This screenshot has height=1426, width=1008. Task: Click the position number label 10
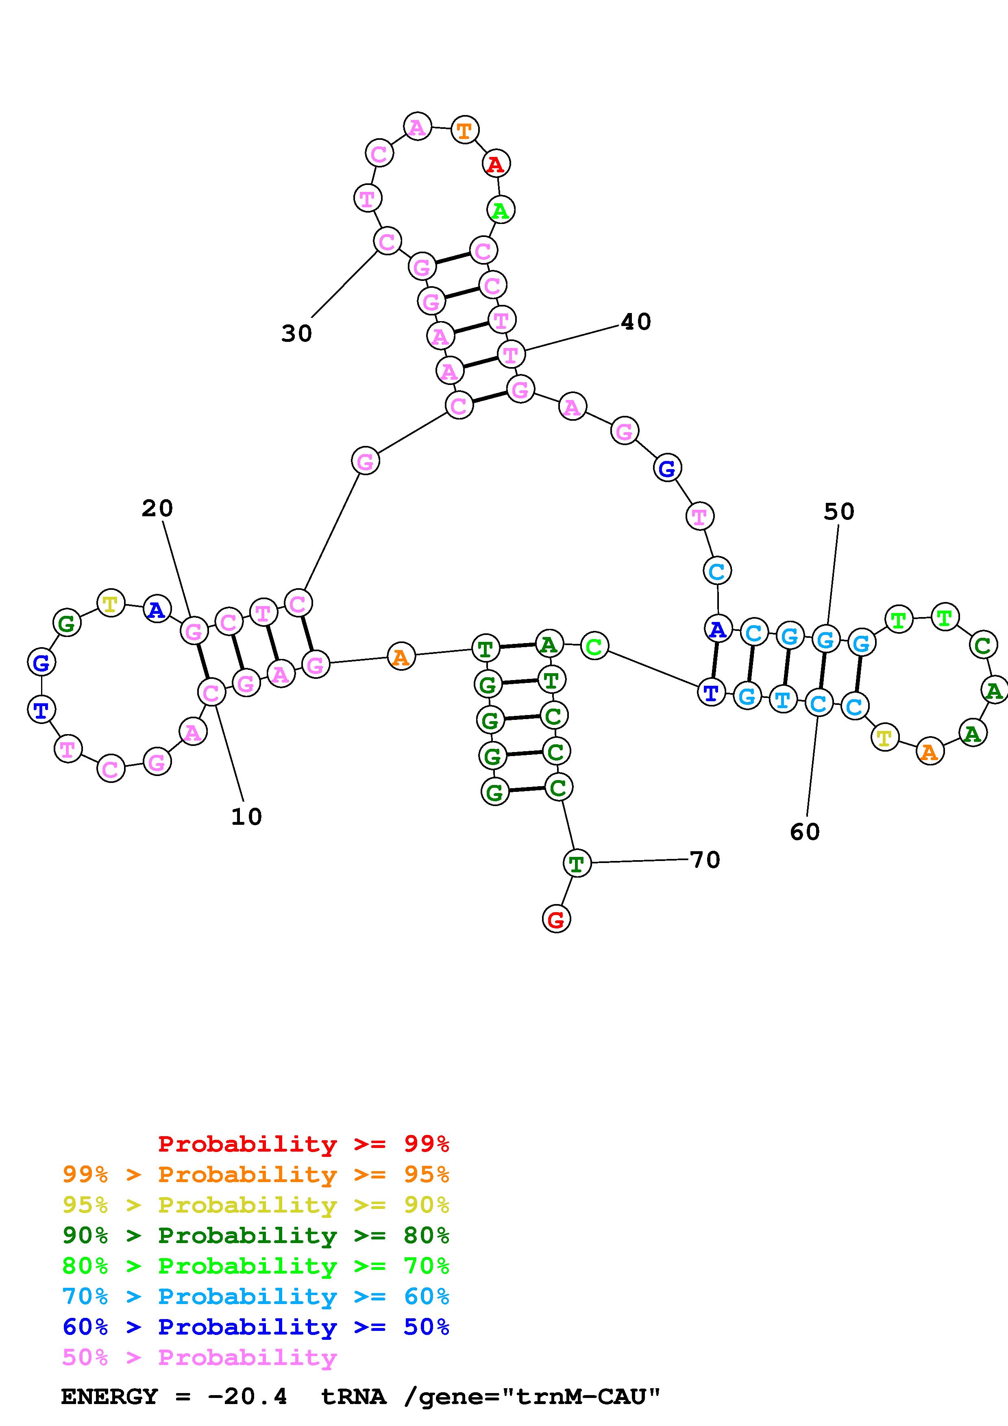coord(246,817)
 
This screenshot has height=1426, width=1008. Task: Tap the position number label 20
coord(157,509)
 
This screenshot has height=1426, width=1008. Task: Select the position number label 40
coord(636,322)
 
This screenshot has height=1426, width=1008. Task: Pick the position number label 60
coord(805,832)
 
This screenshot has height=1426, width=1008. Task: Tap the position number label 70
coord(705,860)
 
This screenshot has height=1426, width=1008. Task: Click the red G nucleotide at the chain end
coord(556,919)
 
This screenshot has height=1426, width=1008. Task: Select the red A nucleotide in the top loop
coord(496,164)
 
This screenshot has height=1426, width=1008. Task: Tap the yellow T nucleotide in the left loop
coord(111,604)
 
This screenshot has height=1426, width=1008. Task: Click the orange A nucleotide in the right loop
coord(929,752)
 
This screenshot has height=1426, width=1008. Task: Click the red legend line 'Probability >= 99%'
coord(304,1144)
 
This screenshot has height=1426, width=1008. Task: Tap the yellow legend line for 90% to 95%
coord(256,1205)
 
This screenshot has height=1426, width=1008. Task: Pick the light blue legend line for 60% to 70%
coord(256,1297)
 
